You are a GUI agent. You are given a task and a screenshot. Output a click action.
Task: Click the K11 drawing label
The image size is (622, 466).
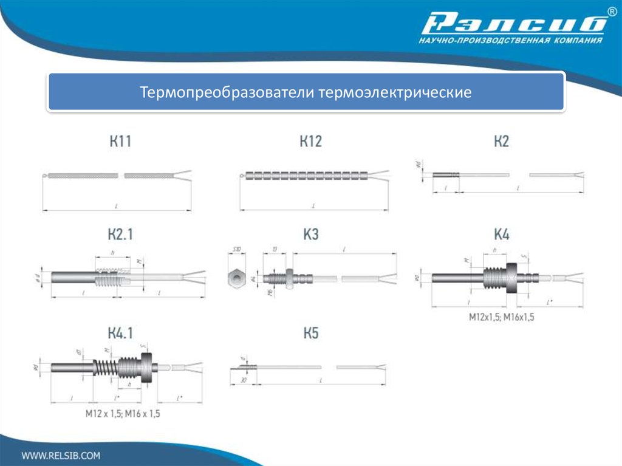pyautogui.click(x=120, y=142)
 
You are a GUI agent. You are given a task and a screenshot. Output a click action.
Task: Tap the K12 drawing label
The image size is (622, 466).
pyautogui.click(x=310, y=142)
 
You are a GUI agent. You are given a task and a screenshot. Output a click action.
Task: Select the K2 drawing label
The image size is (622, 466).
pyautogui.click(x=501, y=142)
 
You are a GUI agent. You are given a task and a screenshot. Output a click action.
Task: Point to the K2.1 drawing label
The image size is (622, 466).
pyautogui.click(x=120, y=235)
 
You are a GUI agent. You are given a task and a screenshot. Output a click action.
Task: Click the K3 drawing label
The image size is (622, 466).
pyautogui.click(x=310, y=235)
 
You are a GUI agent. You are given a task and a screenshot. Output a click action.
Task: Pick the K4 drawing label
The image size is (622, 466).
pyautogui.click(x=501, y=235)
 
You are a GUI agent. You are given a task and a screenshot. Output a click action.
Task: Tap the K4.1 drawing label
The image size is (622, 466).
pyautogui.click(x=120, y=332)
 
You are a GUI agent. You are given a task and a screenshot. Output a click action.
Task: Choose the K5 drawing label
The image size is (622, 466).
pyautogui.click(x=310, y=332)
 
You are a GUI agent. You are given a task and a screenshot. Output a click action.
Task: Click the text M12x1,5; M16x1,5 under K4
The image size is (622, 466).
pyautogui.click(x=501, y=317)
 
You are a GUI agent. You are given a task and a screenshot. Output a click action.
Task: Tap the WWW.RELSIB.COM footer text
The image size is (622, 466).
pyautogui.click(x=61, y=454)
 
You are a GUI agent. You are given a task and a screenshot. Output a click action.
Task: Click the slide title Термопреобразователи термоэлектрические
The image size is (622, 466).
pyautogui.click(x=306, y=93)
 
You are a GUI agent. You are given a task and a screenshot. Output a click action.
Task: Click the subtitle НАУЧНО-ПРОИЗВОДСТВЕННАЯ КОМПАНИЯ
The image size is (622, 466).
pyautogui.click(x=510, y=41)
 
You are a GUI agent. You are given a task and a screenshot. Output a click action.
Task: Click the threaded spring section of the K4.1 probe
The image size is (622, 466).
pyautogui.click(x=106, y=367)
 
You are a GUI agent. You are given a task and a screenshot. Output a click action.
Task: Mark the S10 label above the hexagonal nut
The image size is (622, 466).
pyautogui.click(x=236, y=250)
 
